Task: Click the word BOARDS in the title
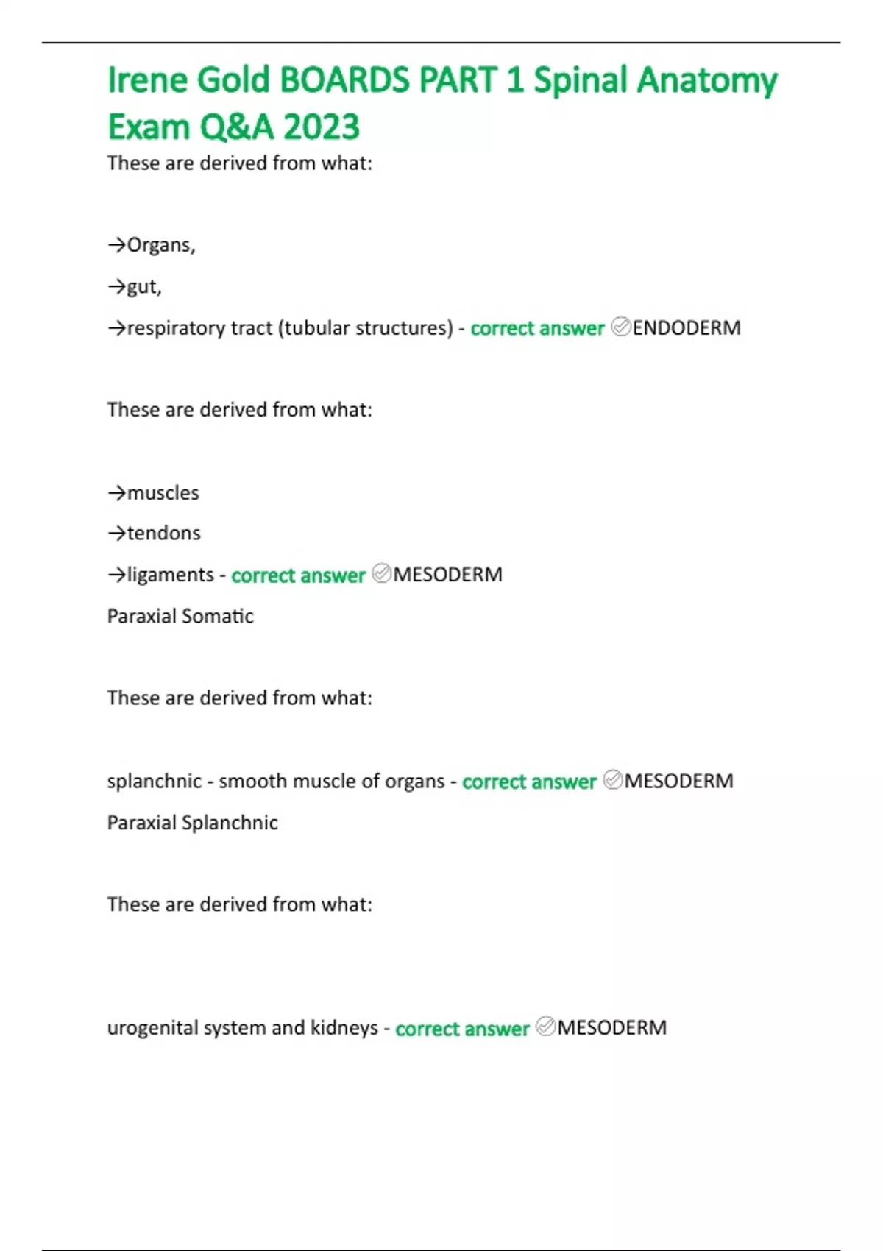coord(344,79)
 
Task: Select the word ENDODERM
coord(686,327)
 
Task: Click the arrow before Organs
coord(117,245)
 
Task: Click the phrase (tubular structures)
coord(365,327)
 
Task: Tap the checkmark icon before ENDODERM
coord(621,327)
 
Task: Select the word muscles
coord(163,492)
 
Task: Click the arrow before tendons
coord(117,533)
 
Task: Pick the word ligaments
coord(170,574)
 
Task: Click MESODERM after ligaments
coord(447,574)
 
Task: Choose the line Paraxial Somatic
coord(180,616)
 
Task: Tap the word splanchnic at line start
coord(154,781)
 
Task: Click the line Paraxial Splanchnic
coord(192,822)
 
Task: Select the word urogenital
coord(152,1027)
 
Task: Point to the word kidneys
coord(344,1027)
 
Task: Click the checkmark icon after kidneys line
coord(545,1027)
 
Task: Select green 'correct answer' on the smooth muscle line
coord(529,782)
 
